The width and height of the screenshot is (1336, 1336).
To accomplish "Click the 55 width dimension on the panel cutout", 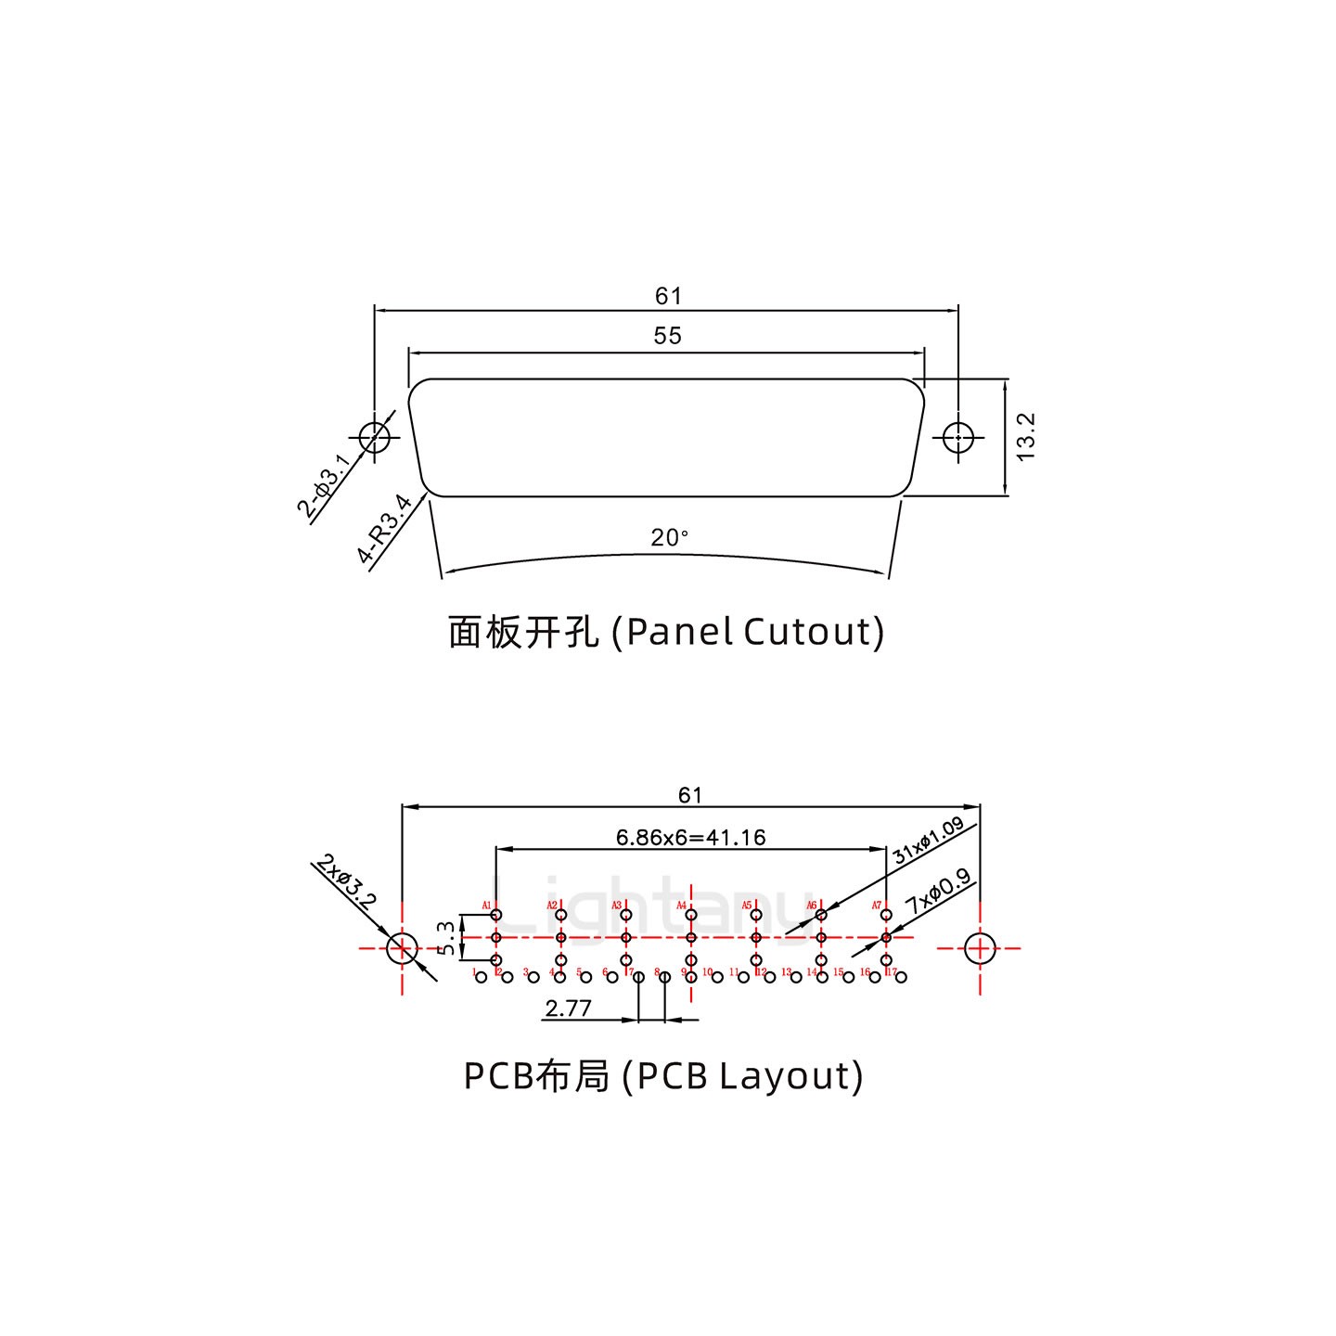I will (667, 336).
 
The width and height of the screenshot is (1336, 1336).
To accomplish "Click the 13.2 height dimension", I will (1025, 436).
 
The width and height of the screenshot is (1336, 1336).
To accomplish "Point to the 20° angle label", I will (669, 537).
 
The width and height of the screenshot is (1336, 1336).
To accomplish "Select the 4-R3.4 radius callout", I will (384, 529).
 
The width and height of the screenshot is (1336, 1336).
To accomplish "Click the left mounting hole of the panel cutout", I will (374, 436).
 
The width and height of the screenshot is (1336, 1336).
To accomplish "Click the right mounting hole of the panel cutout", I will (957, 436).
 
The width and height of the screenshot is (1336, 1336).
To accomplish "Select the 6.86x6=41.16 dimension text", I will (690, 838).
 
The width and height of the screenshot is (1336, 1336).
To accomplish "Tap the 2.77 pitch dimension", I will (568, 1008).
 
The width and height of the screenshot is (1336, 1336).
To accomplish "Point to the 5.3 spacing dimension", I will (447, 938).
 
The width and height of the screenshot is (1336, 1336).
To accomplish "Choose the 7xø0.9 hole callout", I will (938, 891).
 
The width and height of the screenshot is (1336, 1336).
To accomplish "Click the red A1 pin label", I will (486, 906).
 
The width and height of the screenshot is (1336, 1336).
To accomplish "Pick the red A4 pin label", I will (681, 906).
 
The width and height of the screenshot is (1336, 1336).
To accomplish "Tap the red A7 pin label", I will (876, 906).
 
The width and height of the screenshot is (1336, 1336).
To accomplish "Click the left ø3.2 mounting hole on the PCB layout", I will (402, 948).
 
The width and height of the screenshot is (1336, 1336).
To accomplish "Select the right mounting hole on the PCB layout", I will (980, 948).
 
